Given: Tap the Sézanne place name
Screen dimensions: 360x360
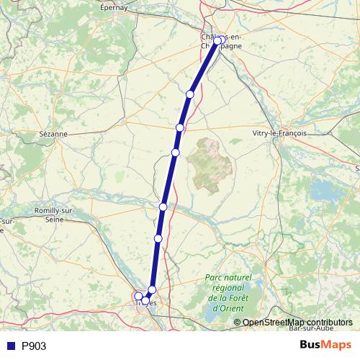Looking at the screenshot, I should click(53, 134).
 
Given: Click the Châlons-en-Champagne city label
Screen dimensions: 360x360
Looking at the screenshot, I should click(222, 41).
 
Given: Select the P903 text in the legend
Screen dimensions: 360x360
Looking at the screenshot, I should click(34, 346).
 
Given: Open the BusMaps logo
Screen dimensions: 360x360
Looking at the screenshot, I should click(325, 345).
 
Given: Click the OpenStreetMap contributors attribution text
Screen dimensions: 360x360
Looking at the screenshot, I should click(297, 323).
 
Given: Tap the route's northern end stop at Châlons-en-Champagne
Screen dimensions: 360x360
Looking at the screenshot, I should click(218, 41).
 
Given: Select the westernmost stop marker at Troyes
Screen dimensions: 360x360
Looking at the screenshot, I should click(138, 296).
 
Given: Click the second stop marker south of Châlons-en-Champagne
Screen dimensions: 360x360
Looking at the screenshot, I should click(180, 127).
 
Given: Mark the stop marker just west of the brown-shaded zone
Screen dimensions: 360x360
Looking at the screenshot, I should click(175, 153).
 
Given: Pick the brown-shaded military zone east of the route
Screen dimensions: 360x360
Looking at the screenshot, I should click(210, 163).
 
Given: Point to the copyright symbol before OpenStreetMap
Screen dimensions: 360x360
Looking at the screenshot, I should click(238, 323).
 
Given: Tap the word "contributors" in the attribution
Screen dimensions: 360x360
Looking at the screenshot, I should click(328, 323).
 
